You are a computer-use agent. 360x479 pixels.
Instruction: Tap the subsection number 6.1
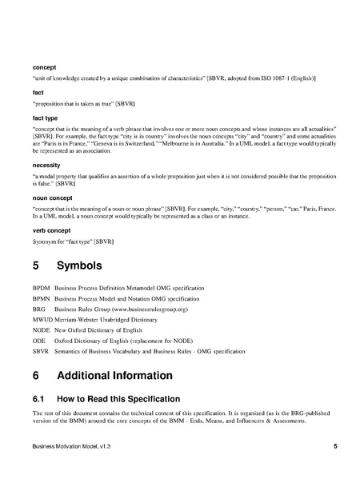40,398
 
